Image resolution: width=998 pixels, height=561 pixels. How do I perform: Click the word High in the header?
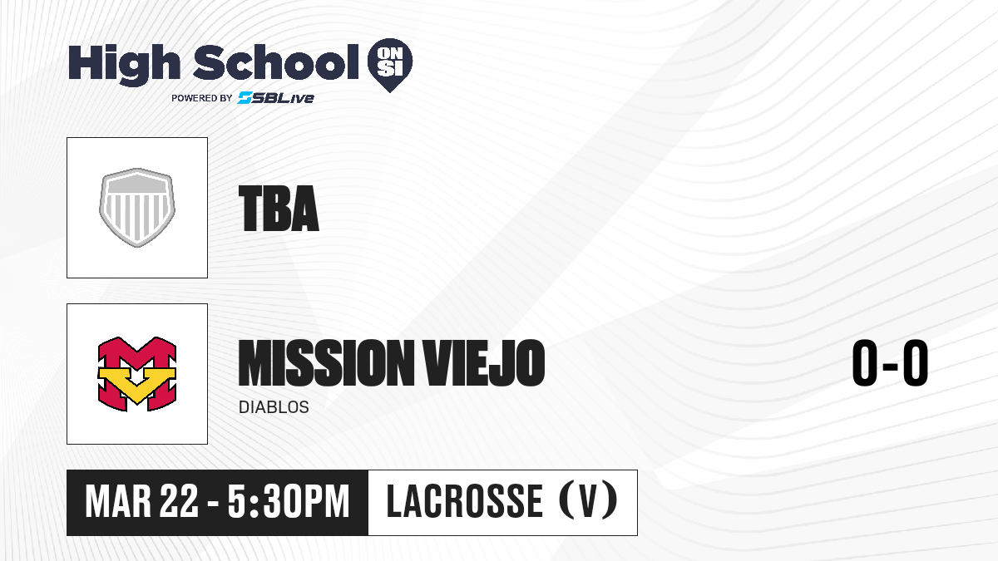(x=124, y=65)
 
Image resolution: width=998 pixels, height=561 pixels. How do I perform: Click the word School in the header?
(x=276, y=62)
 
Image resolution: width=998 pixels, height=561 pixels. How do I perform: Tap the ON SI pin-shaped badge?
(x=390, y=65)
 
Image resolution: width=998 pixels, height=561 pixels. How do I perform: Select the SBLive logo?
(x=276, y=97)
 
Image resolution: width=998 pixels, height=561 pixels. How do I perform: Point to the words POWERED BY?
(x=202, y=98)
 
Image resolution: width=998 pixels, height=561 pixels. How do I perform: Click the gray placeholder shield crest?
(x=137, y=208)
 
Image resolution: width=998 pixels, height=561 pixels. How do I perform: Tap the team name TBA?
(x=279, y=209)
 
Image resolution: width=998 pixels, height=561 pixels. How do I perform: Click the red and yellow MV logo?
(x=137, y=374)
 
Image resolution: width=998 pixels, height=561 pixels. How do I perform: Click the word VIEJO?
(x=484, y=362)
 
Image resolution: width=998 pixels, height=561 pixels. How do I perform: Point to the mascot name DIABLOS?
(x=274, y=407)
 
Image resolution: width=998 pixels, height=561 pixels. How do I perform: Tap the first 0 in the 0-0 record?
(x=865, y=362)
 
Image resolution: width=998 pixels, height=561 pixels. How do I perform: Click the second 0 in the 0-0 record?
(x=916, y=362)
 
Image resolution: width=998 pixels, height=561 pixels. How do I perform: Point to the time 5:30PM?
(x=289, y=502)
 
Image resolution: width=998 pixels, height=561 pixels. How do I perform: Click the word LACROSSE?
(x=465, y=502)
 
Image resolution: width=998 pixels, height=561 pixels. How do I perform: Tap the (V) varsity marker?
(x=588, y=502)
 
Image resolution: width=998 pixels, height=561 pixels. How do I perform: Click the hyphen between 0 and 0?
(x=890, y=367)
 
